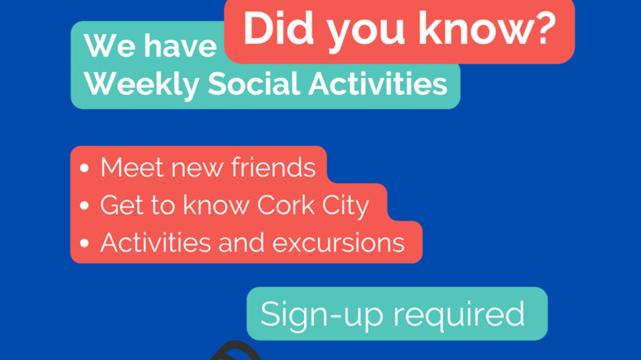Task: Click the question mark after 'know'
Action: (544, 28)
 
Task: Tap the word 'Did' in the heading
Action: (278, 28)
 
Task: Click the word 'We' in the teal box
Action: (110, 45)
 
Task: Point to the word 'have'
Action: (180, 45)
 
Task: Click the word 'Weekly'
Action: (141, 84)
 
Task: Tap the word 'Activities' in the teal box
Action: (378, 84)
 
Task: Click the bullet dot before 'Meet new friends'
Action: (84, 168)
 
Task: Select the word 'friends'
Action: (273, 167)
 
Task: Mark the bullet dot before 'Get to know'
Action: (84, 205)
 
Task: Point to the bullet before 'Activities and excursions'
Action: (84, 243)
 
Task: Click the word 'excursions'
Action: (338, 242)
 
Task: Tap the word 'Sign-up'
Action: (322, 315)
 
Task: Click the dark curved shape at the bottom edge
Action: (236, 350)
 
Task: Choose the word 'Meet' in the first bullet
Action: (131, 167)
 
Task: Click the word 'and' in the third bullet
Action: (241, 242)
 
